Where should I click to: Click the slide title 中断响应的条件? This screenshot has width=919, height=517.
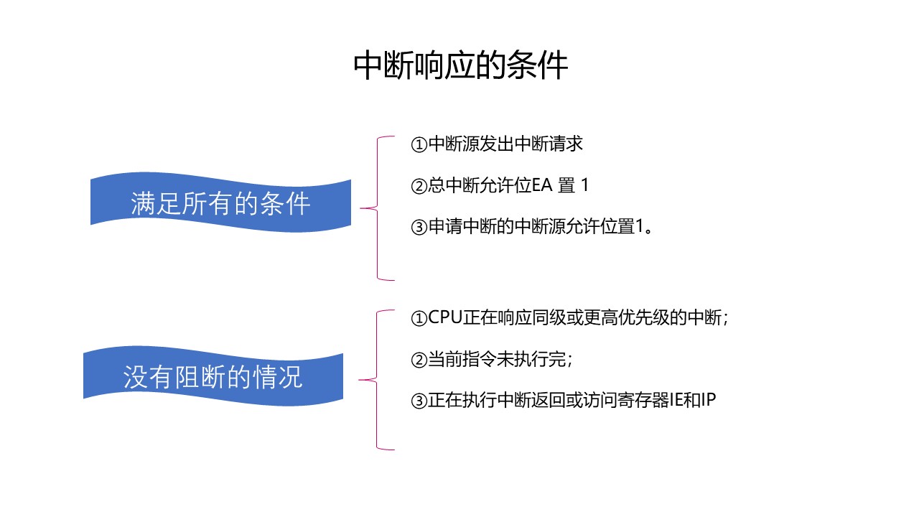click(460, 66)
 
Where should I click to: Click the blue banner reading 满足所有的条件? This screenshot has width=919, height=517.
click(220, 203)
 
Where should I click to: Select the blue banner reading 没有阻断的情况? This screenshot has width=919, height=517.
click(213, 377)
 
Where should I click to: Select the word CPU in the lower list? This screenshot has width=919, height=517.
click(445, 318)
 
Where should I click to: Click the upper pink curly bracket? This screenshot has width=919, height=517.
click(378, 208)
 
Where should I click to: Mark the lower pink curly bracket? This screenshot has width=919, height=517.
click(378, 380)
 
